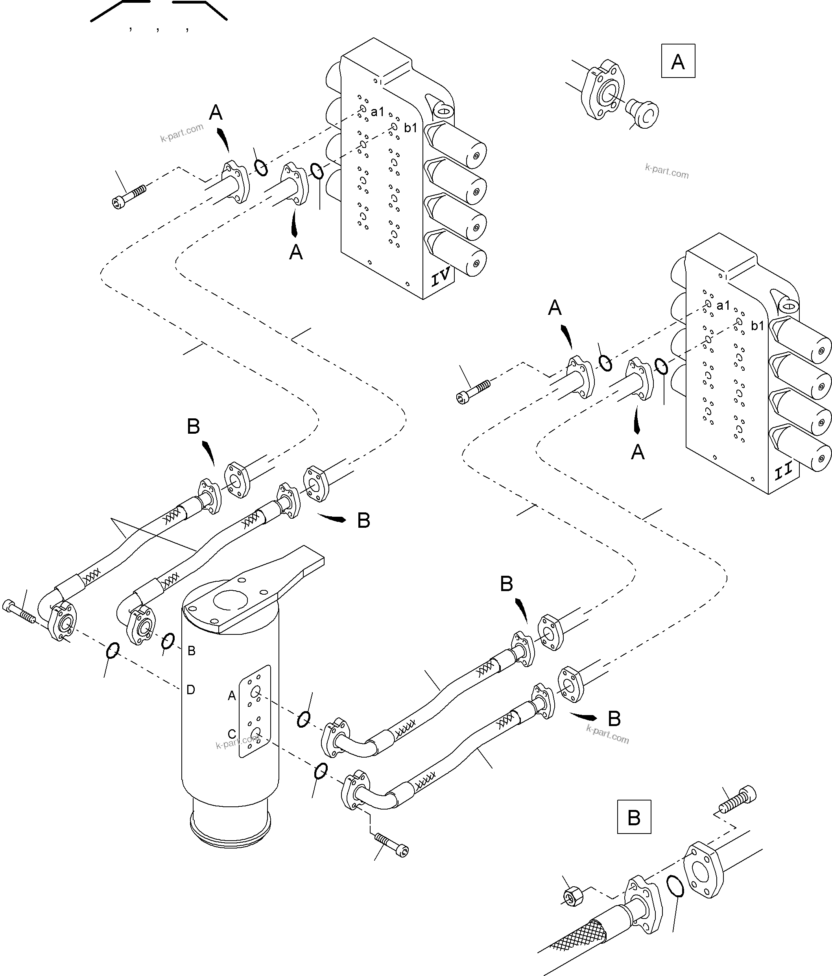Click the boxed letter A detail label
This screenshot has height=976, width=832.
click(x=677, y=61)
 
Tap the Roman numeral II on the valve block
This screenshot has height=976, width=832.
click(x=784, y=471)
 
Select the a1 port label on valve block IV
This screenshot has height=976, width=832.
click(x=377, y=112)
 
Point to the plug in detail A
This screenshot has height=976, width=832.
click(x=643, y=113)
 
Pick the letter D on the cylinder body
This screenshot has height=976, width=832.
click(x=190, y=690)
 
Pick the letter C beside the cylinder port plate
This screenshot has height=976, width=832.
click(x=232, y=734)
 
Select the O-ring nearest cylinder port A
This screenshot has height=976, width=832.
click(x=304, y=719)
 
